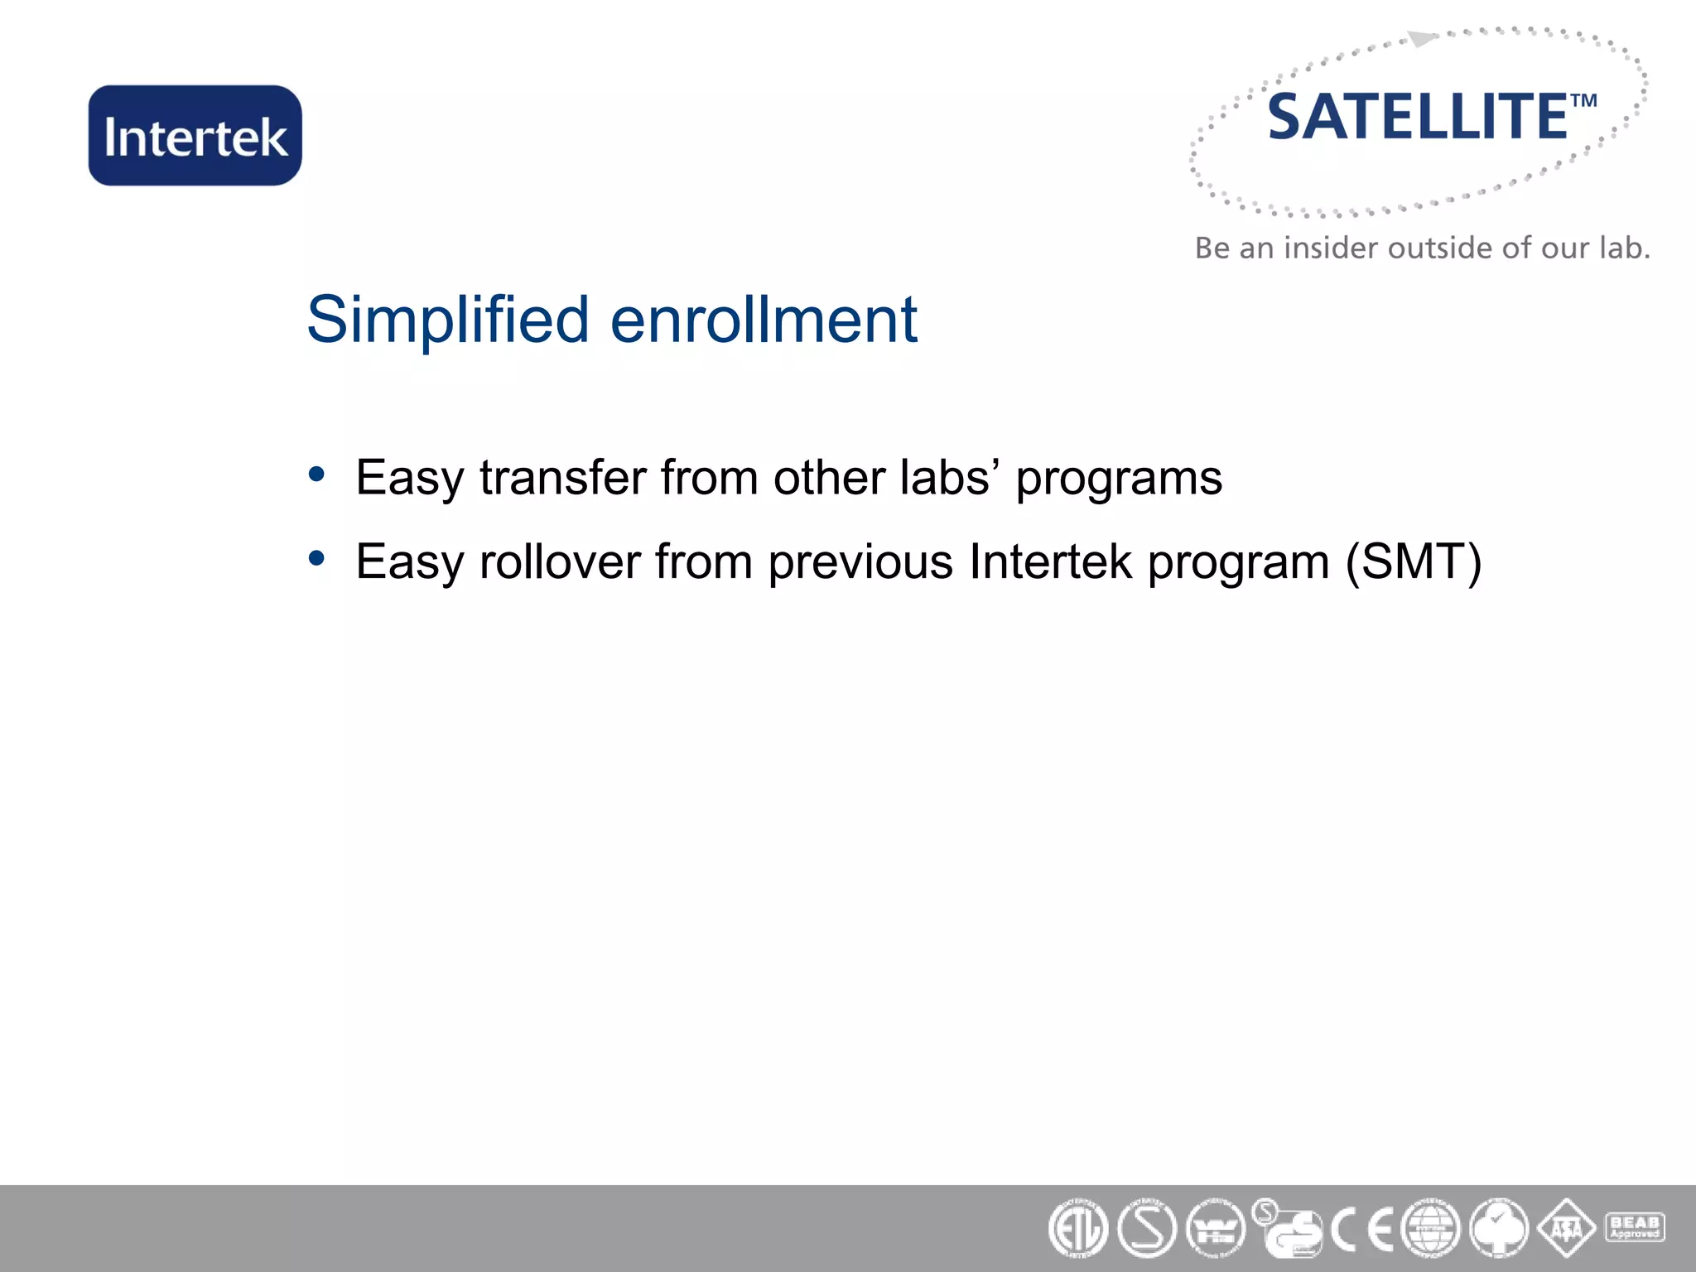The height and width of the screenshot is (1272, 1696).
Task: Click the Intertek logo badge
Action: (195, 136)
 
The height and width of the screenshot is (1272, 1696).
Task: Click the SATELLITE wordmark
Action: (1418, 118)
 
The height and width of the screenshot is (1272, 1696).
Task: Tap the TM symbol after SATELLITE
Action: (1583, 101)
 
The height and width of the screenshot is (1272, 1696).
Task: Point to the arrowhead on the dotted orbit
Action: (1421, 39)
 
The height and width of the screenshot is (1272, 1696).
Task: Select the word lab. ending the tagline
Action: (1624, 248)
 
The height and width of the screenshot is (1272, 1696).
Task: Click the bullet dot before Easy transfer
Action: (316, 475)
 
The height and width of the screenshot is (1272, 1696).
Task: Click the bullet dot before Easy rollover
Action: (316, 558)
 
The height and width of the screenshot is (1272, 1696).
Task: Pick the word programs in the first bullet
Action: (1119, 479)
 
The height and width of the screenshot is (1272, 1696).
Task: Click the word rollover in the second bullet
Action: (560, 561)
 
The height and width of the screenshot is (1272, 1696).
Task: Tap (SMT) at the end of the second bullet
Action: (1413, 562)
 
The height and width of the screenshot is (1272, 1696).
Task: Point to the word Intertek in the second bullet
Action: (1050, 561)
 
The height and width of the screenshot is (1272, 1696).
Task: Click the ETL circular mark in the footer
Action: (1077, 1229)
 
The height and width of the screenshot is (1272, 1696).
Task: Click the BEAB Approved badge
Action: (1634, 1226)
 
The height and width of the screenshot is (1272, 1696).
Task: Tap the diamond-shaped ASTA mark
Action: (1566, 1229)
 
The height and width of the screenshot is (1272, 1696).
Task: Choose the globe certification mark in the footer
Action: (1430, 1229)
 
